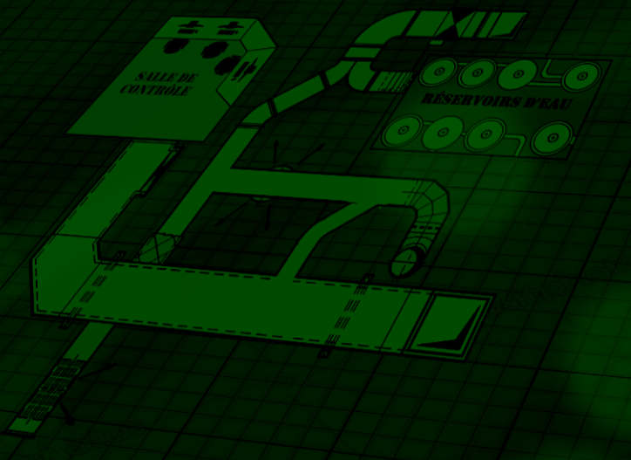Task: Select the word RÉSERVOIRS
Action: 471,100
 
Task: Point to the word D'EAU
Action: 548,104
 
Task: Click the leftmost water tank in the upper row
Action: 438,72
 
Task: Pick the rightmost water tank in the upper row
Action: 581,77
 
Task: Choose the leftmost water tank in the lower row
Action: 402,130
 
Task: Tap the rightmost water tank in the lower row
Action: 552,138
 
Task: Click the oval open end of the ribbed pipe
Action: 407,263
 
